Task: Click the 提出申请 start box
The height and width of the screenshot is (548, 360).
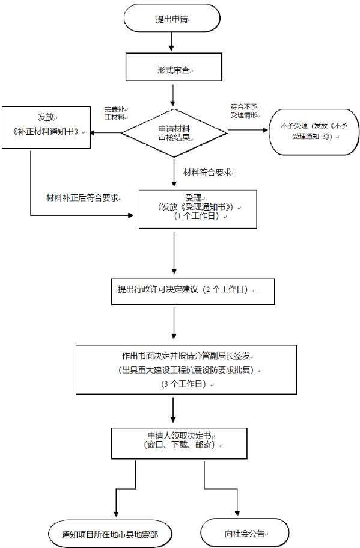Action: click(x=172, y=18)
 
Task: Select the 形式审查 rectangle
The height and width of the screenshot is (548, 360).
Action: click(x=174, y=67)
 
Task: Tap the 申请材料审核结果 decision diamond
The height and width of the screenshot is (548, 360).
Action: click(x=174, y=133)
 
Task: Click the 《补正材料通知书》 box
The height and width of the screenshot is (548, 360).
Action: click(x=46, y=128)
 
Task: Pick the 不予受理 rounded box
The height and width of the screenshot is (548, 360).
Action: click(x=314, y=132)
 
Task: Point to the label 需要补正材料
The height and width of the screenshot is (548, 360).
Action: click(x=115, y=113)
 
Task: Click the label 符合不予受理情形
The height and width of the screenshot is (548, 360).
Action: click(x=245, y=111)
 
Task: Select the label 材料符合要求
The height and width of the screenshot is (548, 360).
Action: click(x=208, y=172)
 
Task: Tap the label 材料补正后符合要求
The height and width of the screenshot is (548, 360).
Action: click(x=83, y=198)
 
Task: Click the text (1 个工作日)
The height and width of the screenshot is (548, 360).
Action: click(x=197, y=216)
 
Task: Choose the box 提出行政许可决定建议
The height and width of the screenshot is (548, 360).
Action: click(x=193, y=292)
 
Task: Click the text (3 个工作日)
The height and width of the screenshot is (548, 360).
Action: click(x=186, y=384)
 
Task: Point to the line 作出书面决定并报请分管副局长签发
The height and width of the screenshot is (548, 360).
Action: click(x=186, y=356)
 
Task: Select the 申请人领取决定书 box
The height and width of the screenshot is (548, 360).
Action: click(x=180, y=443)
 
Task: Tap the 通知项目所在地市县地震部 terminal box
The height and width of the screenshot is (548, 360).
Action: click(x=110, y=534)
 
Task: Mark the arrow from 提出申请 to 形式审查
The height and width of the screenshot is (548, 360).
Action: click(x=171, y=42)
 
